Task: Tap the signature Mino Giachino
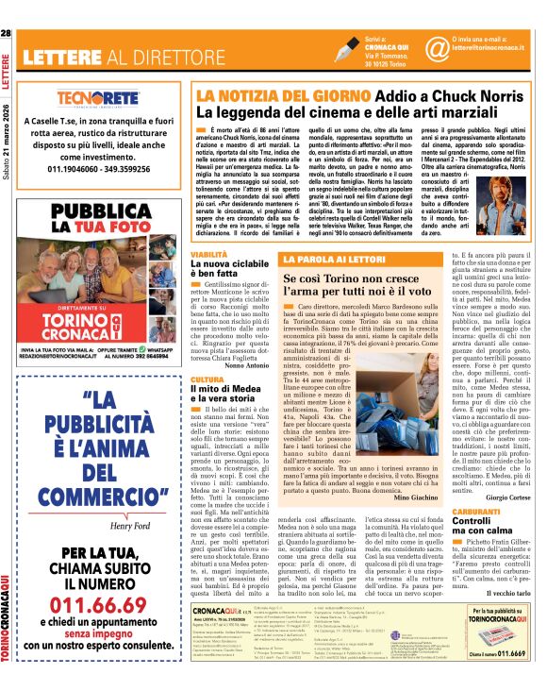[411, 496]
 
